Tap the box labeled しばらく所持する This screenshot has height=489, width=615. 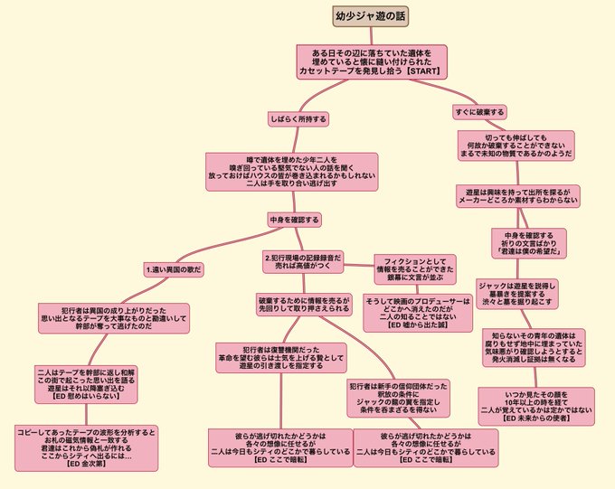298,118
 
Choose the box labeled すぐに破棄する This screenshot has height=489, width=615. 479,112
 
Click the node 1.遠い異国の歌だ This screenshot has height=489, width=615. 174,269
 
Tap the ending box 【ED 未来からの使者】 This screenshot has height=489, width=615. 535,406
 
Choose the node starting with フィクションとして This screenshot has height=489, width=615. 413,268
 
